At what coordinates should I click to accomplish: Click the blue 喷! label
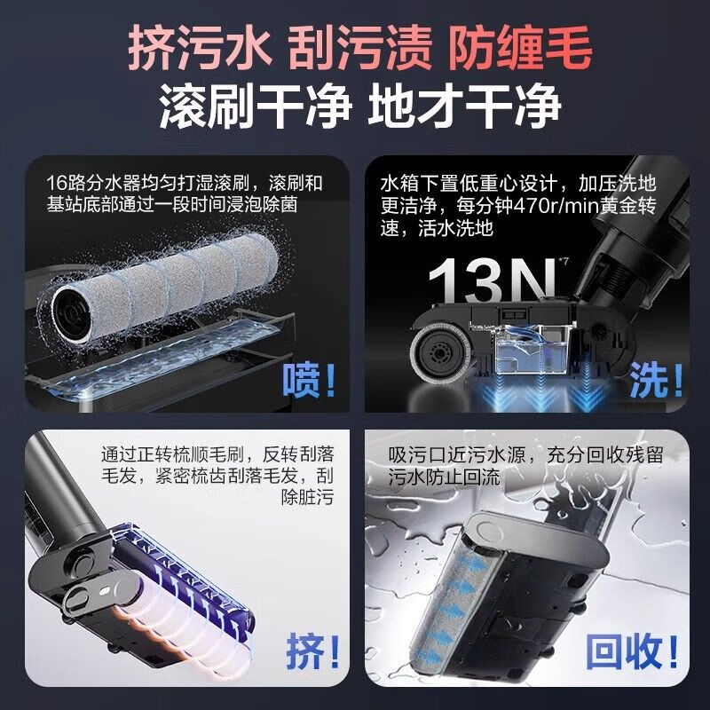point(310,381)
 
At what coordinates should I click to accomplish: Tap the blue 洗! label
point(657,381)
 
